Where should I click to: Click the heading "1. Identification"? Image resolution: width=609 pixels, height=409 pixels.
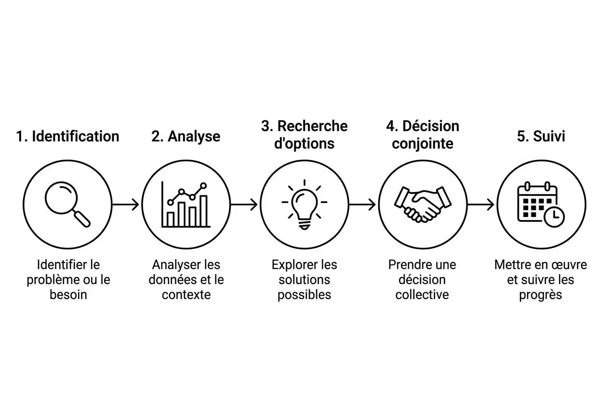click(67, 136)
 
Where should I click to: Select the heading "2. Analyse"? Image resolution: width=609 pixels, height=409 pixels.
click(185, 136)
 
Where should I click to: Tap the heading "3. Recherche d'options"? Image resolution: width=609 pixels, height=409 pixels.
click(304, 135)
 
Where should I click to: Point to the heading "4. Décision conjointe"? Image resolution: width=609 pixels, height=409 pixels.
click(423, 135)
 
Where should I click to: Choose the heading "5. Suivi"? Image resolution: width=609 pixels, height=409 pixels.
click(541, 136)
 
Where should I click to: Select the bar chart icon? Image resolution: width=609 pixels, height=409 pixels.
click(185, 204)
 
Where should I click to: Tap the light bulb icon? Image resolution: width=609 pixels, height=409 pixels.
click(304, 204)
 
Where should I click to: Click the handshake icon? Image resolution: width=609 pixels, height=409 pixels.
click(423, 204)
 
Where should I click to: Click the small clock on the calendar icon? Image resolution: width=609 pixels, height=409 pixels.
click(556, 217)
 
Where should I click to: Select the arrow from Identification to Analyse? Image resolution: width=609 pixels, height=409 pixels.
click(126, 204)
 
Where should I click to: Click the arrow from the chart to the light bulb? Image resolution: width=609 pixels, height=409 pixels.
click(244, 204)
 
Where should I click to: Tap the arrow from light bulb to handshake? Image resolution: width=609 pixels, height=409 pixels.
click(363, 204)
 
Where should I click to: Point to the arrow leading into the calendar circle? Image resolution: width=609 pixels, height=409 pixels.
click(481, 204)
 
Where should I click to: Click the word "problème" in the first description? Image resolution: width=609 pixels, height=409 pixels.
click(48, 280)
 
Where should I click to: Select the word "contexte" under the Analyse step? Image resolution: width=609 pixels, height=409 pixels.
click(186, 295)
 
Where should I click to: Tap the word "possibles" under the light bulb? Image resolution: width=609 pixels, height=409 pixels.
click(304, 295)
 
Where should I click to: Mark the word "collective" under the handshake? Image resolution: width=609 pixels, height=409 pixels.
click(422, 295)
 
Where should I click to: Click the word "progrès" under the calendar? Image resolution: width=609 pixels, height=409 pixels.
click(541, 295)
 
